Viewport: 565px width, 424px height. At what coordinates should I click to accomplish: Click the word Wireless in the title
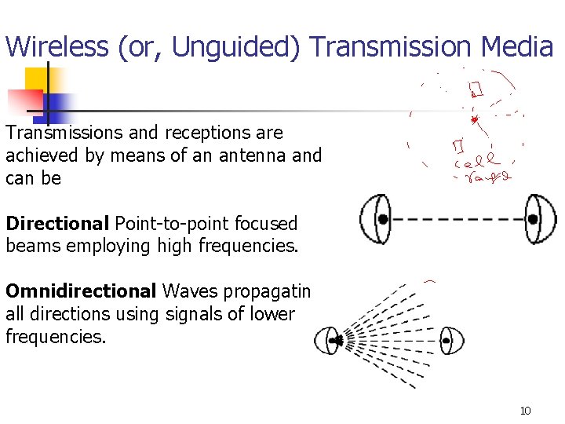click(56, 47)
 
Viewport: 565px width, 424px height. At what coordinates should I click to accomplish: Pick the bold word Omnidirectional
click(81, 292)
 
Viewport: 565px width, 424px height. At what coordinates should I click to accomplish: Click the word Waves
click(191, 292)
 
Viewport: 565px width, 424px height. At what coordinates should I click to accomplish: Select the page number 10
click(526, 410)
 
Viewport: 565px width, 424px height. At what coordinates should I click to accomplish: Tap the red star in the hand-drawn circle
click(474, 119)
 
